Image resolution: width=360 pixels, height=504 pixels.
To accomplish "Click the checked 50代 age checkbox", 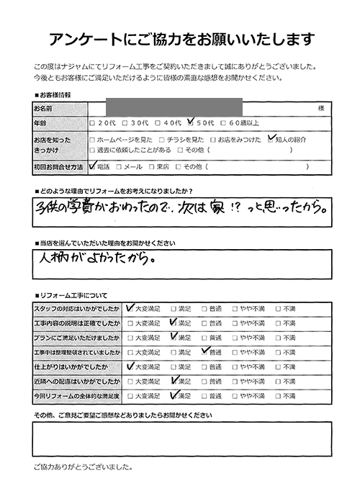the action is pos(190,122).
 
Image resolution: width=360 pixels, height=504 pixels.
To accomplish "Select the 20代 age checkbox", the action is pos(92,123).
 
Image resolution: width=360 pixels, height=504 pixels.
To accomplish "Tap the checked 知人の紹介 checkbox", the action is pos(271,138).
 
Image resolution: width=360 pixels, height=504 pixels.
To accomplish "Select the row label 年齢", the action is pos(40,123).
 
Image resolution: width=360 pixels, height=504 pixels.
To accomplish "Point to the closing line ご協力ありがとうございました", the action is pos(83,467).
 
